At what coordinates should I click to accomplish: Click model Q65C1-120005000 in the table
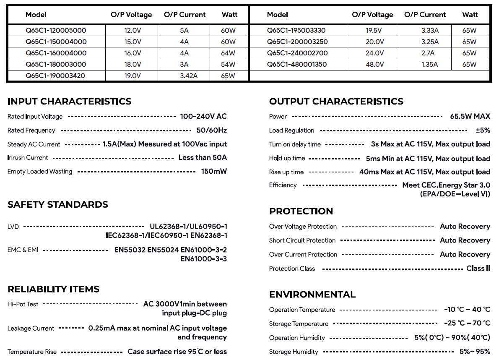tap(56, 30)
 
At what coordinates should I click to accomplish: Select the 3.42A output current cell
tap(188, 76)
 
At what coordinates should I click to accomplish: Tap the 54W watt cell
tap(228, 65)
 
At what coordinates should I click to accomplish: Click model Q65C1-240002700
tap(297, 53)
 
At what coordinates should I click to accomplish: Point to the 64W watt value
tap(228, 53)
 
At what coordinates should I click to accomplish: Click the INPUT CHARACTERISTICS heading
tap(69, 102)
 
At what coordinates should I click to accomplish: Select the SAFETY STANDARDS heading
tap(57, 205)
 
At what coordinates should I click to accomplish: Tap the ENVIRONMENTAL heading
tap(312, 295)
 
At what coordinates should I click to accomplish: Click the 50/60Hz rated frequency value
tap(211, 130)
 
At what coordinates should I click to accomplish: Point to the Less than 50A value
tap(203, 158)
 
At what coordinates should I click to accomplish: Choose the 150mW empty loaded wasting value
tap(214, 172)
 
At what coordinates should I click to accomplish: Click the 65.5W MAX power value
tap(470, 117)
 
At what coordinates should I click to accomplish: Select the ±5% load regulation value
tap(483, 130)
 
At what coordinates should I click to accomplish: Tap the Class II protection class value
tap(478, 269)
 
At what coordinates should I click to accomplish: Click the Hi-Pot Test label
tap(23, 304)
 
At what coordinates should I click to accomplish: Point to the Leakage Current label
tap(31, 329)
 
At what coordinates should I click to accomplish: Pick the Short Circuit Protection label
tap(302, 240)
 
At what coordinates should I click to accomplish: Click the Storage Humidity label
tap(294, 352)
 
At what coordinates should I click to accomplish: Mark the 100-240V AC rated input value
tap(203, 117)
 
